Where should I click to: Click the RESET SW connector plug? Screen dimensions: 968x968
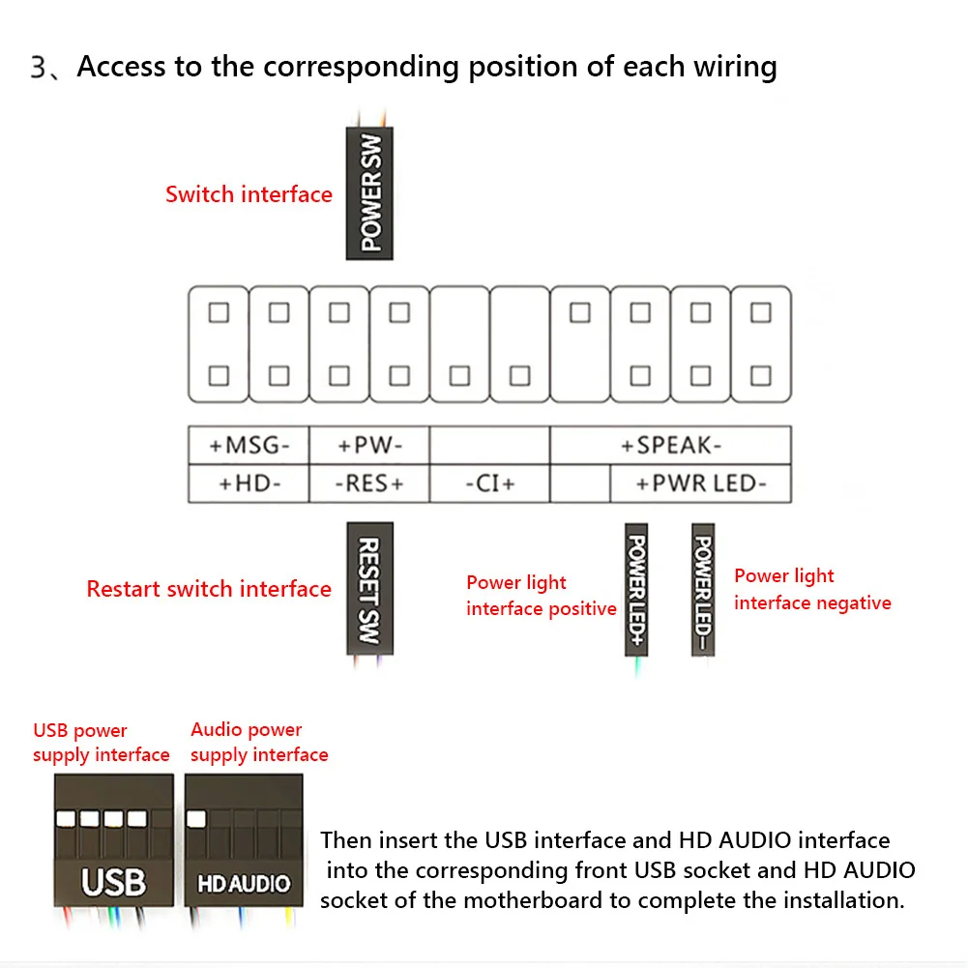click(x=369, y=589)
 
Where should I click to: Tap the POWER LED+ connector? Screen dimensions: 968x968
click(x=636, y=591)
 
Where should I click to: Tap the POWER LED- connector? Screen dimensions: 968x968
click(x=703, y=591)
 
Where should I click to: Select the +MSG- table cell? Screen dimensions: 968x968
click(x=249, y=446)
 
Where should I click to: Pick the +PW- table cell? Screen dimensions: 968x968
click(x=369, y=446)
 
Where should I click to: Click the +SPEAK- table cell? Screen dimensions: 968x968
click(x=671, y=446)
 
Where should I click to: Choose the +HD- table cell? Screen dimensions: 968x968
click(x=249, y=484)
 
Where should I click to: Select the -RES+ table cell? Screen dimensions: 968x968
click(x=369, y=484)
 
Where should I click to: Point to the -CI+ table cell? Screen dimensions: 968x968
click(x=489, y=484)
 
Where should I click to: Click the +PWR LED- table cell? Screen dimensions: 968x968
click(x=700, y=484)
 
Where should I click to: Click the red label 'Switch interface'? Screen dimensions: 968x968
click(x=249, y=194)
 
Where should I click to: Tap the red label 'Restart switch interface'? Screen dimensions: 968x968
click(x=209, y=589)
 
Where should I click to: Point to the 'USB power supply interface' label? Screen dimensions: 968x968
click(x=101, y=743)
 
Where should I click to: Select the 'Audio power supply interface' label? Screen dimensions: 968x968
click(x=259, y=743)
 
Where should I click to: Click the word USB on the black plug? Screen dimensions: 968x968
click(x=113, y=882)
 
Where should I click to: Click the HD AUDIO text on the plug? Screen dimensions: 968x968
click(x=244, y=884)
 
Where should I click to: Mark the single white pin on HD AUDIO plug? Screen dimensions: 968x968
click(x=196, y=819)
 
